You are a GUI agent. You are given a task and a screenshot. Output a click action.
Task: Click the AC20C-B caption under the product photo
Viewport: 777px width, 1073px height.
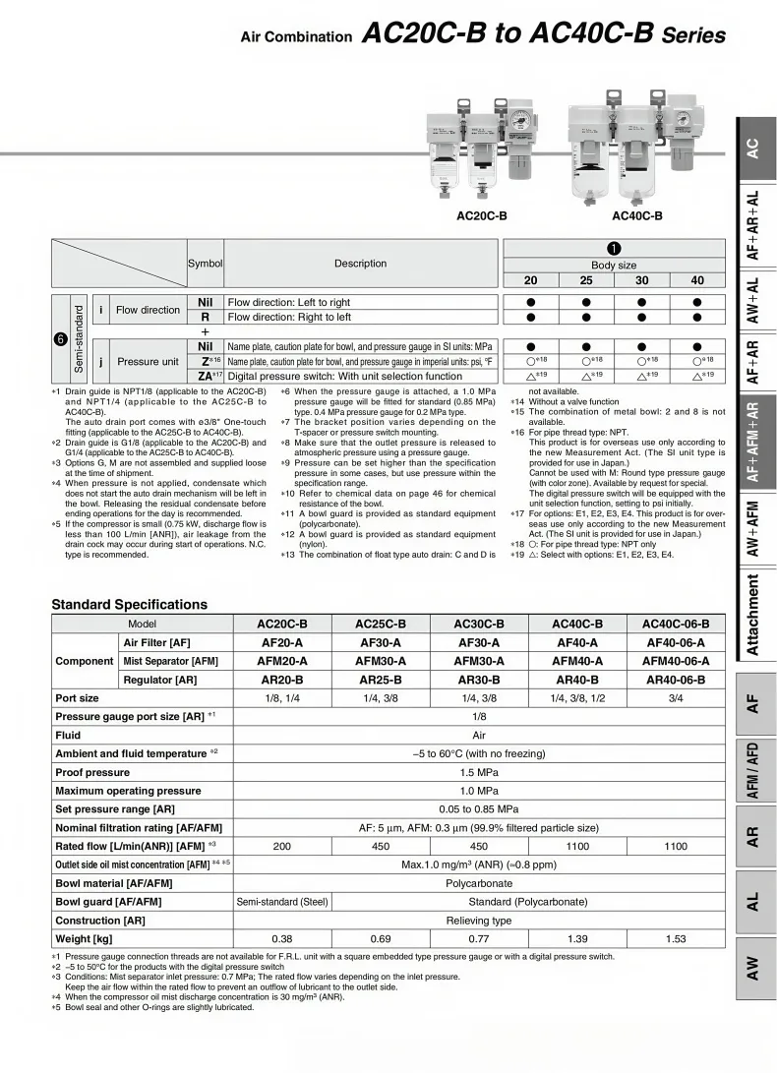pyautogui.click(x=482, y=215)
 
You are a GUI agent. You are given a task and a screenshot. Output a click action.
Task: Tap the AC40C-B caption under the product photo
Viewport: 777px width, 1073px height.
pyautogui.click(x=637, y=215)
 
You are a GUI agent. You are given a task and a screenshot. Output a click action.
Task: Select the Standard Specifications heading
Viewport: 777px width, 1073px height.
pyautogui.click(x=129, y=604)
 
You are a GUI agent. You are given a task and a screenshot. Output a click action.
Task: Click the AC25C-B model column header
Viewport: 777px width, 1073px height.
pyautogui.click(x=381, y=624)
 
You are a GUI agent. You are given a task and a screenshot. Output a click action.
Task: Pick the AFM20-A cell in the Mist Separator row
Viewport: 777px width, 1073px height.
pyautogui.click(x=282, y=661)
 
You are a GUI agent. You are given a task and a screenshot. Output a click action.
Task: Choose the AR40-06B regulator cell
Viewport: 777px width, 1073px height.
pyautogui.click(x=676, y=680)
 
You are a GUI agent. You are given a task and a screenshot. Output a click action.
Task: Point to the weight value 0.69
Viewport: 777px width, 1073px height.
pyautogui.click(x=381, y=939)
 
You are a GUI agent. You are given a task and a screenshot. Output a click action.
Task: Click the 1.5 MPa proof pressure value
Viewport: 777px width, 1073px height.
pyautogui.click(x=479, y=772)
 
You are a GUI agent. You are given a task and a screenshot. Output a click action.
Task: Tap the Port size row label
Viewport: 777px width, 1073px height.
pyautogui.click(x=77, y=698)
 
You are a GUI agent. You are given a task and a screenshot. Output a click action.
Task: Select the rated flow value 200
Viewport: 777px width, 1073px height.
pyautogui.click(x=282, y=846)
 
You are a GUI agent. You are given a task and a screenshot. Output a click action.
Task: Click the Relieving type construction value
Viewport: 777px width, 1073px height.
pyautogui.click(x=479, y=921)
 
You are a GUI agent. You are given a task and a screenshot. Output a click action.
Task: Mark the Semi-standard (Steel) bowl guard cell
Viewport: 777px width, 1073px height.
pyautogui.click(x=282, y=902)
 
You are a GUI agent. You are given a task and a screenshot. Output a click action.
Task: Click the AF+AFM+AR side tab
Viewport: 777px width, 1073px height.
pyautogui.click(x=752, y=442)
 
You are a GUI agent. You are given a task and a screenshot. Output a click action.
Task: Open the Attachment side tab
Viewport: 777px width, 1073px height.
pyautogui.click(x=752, y=616)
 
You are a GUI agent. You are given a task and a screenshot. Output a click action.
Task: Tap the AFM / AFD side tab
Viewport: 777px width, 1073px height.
pyautogui.click(x=752, y=770)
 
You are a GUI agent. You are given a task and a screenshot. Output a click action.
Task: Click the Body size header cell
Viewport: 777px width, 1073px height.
pyautogui.click(x=614, y=266)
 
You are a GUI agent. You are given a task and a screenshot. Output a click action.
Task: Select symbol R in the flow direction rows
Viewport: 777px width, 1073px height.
pyautogui.click(x=206, y=318)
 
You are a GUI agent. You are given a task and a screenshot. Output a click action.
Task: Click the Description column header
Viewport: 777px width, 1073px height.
pyautogui.click(x=360, y=264)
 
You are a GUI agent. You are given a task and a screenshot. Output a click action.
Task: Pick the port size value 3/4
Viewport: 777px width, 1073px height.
pyautogui.click(x=676, y=698)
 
